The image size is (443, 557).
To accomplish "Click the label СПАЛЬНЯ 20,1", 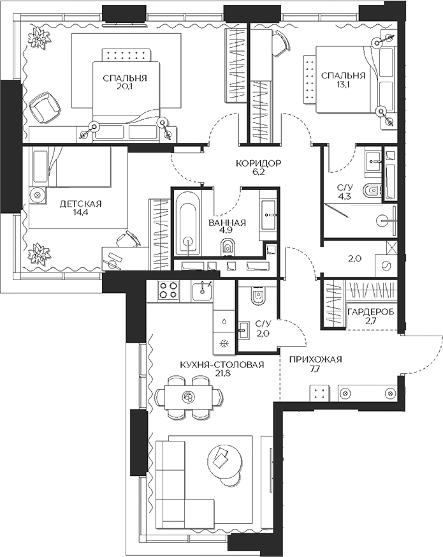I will coord(125,83).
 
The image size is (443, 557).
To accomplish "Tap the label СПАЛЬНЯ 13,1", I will coord(343,80).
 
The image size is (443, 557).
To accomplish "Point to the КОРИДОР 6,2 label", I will coord(258,168).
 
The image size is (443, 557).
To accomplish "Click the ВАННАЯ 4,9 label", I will coord(228,228).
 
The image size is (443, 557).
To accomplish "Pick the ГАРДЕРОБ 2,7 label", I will coord(370,316).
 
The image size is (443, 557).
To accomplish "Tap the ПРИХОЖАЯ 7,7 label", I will coord(315,364).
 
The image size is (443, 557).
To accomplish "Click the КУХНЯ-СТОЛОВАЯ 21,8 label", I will coord(222,369).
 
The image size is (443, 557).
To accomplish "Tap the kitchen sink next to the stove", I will coord(203,291).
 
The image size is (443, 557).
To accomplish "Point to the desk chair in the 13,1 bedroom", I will coord(278,43).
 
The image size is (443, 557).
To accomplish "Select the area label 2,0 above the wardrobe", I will coord(354,259).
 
